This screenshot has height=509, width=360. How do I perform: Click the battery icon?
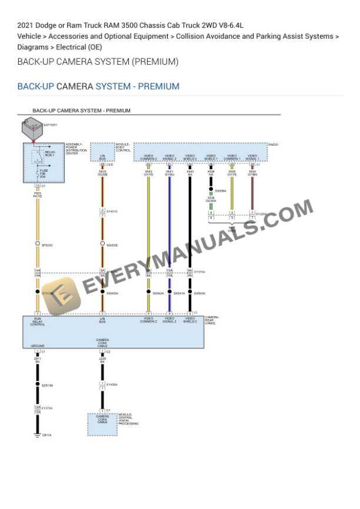pyautogui.click(x=32, y=128)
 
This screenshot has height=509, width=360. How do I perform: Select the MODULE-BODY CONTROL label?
pyautogui.click(x=123, y=148)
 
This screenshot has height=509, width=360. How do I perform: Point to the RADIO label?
pyautogui.click(x=273, y=145)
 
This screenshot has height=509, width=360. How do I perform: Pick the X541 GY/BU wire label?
pyautogui.click(x=169, y=173)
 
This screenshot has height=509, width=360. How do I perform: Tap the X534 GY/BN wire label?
pyautogui.click(x=252, y=173)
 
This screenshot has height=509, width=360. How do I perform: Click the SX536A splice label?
pyautogui.click(x=221, y=190)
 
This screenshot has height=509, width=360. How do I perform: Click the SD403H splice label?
pyautogui.click(x=112, y=293)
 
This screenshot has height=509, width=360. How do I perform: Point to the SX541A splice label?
pyautogui.click(x=179, y=293)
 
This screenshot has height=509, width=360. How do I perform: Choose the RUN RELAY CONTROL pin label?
pyautogui.click(x=38, y=322)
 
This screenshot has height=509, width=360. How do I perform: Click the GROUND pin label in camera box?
pyautogui.click(x=38, y=346)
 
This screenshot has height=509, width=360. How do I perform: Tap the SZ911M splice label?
pyautogui.click(x=47, y=386)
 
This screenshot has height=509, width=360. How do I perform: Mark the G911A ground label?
pyautogui.click(x=46, y=436)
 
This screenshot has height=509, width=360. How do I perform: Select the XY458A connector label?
pyautogui.click(x=112, y=384)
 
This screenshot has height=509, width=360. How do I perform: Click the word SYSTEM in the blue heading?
pyautogui.click(x=113, y=86)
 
